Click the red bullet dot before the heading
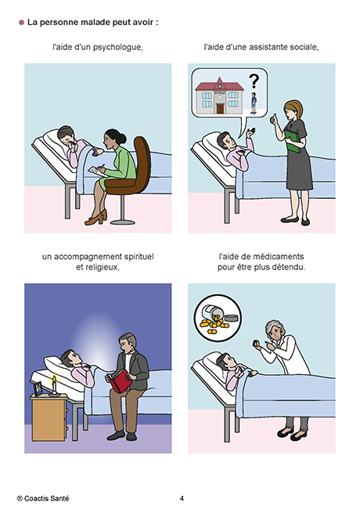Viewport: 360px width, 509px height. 21,23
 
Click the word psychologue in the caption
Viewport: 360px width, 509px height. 117,48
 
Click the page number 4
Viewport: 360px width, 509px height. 182,498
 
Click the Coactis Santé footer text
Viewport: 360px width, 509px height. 43,498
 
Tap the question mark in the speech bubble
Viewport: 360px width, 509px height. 254,81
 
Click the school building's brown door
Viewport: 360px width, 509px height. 220,108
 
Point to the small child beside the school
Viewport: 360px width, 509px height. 254,103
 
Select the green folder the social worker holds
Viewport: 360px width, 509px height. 293,141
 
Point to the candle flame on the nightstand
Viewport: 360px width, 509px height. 54,380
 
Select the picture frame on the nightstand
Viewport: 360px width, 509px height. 38,389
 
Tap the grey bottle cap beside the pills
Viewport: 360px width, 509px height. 233,317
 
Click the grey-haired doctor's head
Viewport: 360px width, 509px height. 275,330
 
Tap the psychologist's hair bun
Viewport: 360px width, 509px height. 121,139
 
